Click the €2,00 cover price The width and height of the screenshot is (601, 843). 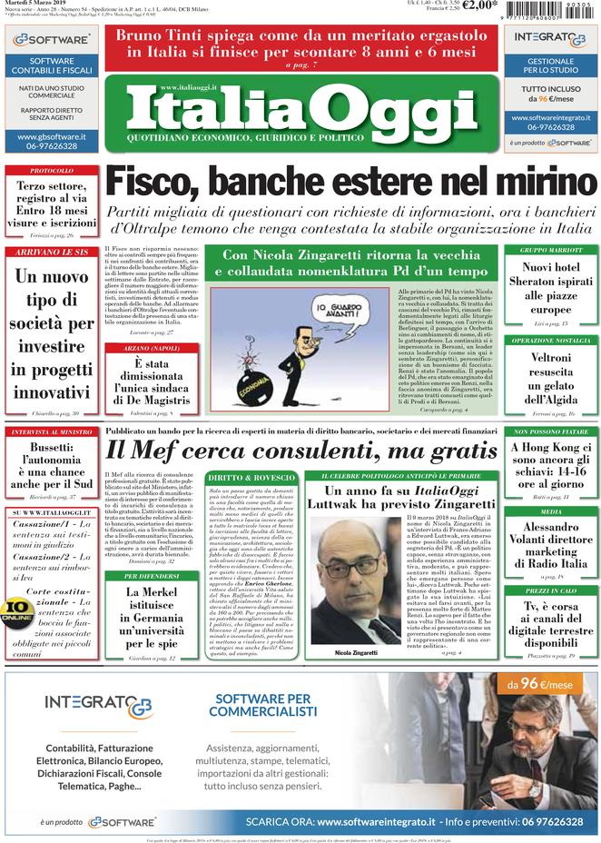[479, 6]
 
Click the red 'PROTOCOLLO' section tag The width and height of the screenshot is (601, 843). [51, 171]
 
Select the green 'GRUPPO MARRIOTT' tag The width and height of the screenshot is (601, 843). [551, 250]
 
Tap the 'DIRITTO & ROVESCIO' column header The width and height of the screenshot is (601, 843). [238, 477]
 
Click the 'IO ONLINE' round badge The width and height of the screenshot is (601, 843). [17, 610]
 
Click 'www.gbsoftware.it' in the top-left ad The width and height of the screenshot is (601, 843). [51, 136]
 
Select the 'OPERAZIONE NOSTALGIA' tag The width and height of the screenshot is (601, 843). [551, 341]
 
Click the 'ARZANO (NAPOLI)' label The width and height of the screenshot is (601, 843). [150, 347]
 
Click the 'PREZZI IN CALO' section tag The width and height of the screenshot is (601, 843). [551, 590]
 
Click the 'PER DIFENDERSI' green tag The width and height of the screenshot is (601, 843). [150, 575]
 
